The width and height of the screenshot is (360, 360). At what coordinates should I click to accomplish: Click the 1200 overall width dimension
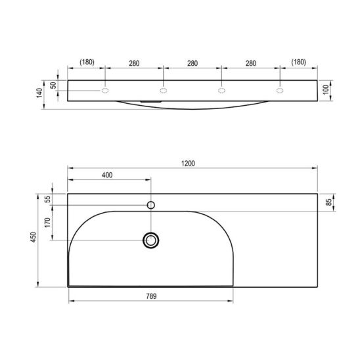pos(188,164)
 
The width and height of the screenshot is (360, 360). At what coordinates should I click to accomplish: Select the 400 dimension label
pos(107,175)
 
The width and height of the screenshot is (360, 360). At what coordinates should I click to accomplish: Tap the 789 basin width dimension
pos(151,296)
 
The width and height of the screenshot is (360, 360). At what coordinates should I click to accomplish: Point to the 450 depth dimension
pos(34,237)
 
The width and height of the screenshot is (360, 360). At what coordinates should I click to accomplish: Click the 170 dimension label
pos(47,223)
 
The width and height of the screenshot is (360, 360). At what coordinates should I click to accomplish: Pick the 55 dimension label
pos(47,199)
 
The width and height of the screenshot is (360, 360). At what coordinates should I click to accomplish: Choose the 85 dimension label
pos(329,202)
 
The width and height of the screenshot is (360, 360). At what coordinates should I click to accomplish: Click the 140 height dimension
pos(39,93)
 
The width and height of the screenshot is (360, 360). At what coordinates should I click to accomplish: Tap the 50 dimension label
pos(53,85)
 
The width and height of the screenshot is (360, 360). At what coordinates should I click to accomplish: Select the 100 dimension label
pos(326,89)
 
